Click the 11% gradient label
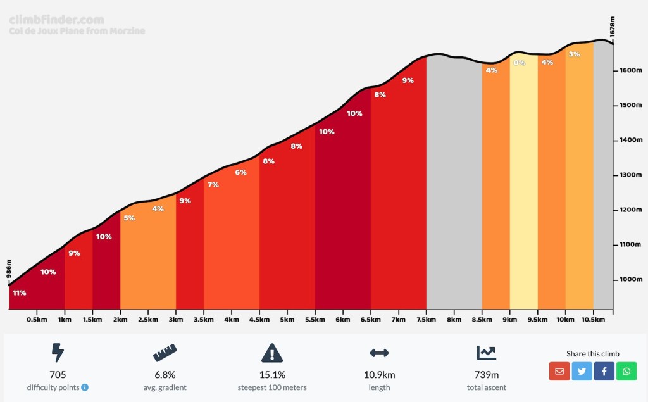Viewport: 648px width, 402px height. click(x=19, y=292)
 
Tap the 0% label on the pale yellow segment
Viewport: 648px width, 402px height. click(x=519, y=63)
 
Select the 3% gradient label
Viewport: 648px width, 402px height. click(x=574, y=54)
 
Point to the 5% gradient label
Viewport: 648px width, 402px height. click(x=129, y=218)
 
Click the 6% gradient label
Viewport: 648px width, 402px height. click(x=240, y=172)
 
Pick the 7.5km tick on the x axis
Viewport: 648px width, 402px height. click(x=426, y=320)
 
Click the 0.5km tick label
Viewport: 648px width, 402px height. click(x=37, y=320)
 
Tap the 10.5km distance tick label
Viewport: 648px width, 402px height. click(x=593, y=320)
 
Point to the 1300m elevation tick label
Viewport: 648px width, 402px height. click(x=630, y=175)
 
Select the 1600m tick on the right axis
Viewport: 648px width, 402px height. click(x=630, y=70)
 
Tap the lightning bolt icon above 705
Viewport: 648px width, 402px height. click(x=58, y=353)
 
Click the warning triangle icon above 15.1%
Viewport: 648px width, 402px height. click(x=272, y=353)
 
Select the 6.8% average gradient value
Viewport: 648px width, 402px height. click(x=165, y=375)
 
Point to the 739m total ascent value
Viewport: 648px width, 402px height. click(x=487, y=375)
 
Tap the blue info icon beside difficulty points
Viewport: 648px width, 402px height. click(x=85, y=387)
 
